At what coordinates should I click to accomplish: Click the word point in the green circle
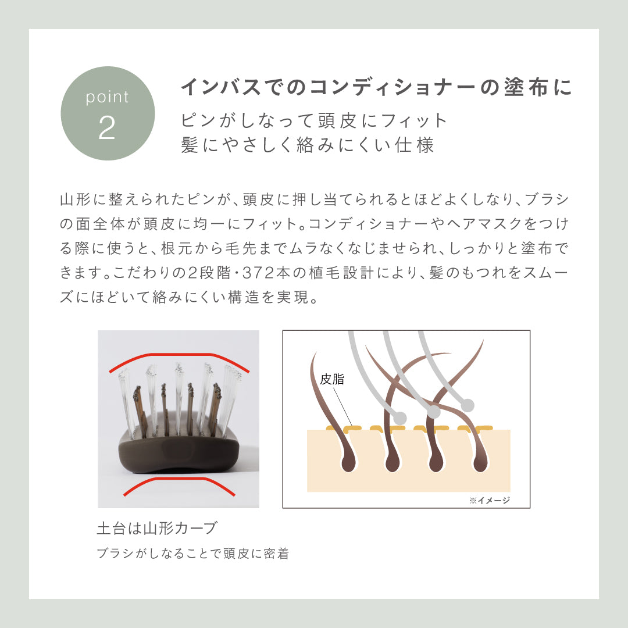coord(108,97)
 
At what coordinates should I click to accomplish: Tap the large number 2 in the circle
coord(107,128)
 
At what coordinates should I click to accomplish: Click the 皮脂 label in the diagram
coord(332,379)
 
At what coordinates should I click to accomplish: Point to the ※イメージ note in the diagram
coord(490,500)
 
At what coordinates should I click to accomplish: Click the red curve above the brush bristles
coord(179,358)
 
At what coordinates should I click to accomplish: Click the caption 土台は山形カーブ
coord(158,528)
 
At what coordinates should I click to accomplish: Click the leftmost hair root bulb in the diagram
coord(348,463)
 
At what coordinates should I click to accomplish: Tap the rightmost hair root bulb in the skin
coord(479,463)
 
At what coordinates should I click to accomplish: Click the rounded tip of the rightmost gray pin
coord(468,405)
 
